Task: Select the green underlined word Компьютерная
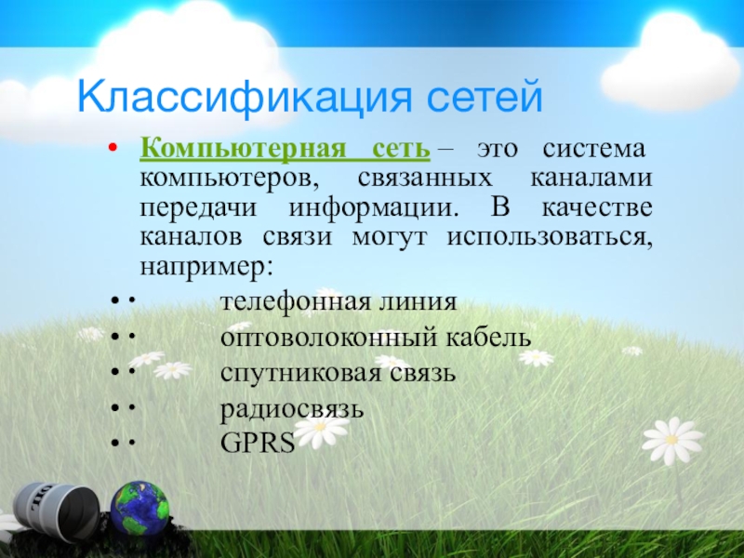243,150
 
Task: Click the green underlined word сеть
401,149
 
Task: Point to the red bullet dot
113,147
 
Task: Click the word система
593,149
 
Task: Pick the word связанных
425,179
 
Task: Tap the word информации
374,208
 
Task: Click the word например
206,267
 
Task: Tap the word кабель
488,337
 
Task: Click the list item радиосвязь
292,409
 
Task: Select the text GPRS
258,443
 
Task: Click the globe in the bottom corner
140,508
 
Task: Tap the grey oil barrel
55,508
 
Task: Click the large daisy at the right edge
671,440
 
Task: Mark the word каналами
591,179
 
